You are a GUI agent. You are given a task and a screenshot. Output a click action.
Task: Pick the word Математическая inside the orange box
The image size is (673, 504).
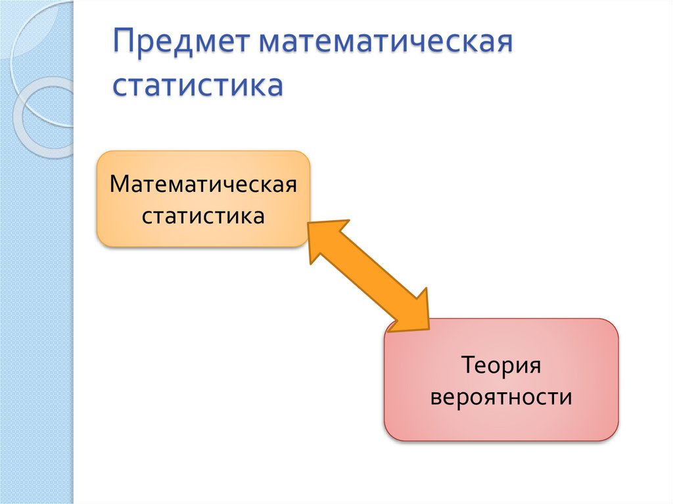point(203,184)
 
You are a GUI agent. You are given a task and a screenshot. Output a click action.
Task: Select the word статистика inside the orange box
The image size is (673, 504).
point(203,216)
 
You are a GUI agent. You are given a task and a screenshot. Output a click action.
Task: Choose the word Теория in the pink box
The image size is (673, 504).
point(501,365)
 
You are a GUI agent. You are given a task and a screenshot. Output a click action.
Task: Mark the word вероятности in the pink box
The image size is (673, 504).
point(501,398)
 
